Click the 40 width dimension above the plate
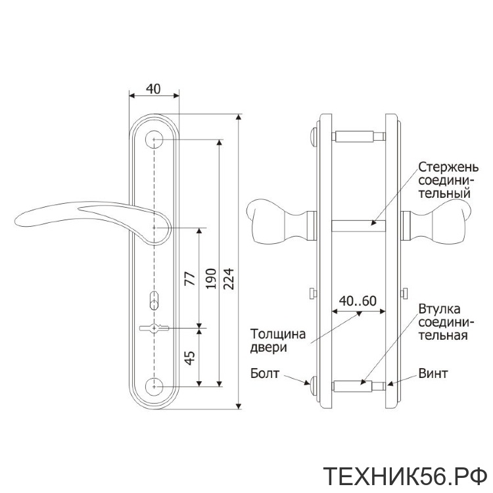coord(153,89)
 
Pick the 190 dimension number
coord(210,279)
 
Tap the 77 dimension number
coord(189,278)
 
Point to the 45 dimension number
coord(189,358)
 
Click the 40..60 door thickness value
coord(358,301)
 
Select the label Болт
coord(265,373)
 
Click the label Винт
coord(433,373)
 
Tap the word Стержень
coord(448,167)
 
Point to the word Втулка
coord(439,309)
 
